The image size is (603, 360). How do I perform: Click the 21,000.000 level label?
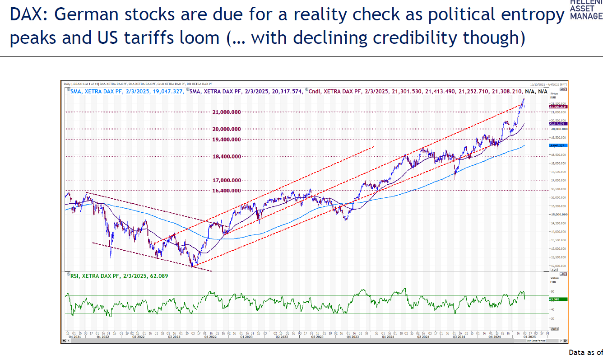(226, 112)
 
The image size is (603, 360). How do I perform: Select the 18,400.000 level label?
(226, 156)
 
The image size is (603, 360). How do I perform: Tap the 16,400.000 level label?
(226, 191)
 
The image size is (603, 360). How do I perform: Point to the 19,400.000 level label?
(226, 140)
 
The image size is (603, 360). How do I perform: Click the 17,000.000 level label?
(226, 180)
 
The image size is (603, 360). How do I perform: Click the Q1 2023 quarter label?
(246, 337)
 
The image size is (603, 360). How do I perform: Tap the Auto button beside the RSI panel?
(555, 328)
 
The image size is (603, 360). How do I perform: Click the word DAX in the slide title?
(29, 15)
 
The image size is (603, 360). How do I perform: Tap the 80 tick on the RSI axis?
(552, 292)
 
